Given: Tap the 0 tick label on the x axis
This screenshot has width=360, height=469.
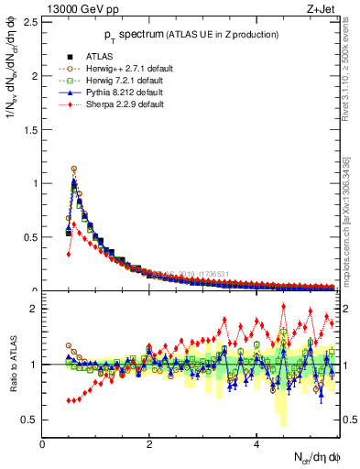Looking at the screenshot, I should (x=42, y=444).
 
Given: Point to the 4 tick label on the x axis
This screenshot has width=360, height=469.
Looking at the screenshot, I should (x=256, y=444).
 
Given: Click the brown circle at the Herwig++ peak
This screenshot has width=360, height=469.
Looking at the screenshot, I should (x=73, y=169).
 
